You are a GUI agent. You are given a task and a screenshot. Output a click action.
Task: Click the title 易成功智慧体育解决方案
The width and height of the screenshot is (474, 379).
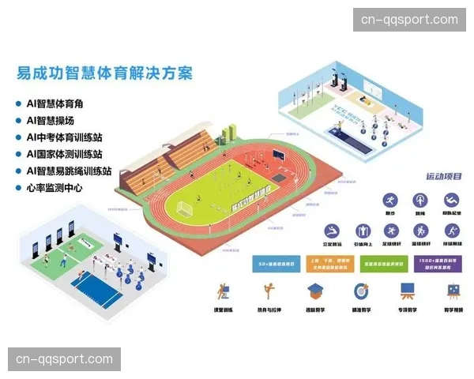click(104, 73)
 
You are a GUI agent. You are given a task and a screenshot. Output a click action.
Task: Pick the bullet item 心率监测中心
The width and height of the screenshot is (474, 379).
click(54, 188)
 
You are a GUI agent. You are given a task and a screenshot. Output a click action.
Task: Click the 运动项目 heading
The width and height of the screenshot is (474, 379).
click(443, 176)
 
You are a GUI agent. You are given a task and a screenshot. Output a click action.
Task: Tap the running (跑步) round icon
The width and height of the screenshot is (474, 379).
click(390, 200)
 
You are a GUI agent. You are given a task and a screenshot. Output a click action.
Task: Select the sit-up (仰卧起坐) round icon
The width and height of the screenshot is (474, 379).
click(451, 200)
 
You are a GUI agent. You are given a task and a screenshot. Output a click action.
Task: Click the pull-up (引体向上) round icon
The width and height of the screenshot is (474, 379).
click(360, 231)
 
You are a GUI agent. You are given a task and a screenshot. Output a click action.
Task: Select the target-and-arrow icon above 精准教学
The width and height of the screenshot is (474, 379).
click(361, 291)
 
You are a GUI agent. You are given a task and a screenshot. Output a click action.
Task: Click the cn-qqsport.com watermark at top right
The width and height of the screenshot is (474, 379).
click(408, 20)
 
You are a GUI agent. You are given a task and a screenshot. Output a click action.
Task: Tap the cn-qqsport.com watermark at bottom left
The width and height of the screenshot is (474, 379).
click(66, 360)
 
